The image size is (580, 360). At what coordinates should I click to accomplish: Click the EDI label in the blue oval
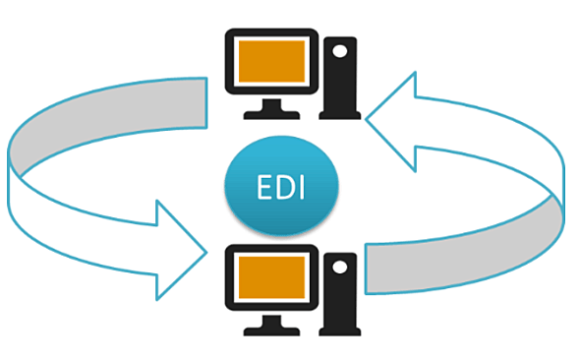point(282,186)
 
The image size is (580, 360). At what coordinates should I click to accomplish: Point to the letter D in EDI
point(283,186)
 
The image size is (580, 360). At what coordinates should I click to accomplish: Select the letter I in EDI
point(300,186)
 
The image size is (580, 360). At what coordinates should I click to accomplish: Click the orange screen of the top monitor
point(269,61)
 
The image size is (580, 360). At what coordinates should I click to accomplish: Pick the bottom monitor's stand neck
point(269,317)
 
